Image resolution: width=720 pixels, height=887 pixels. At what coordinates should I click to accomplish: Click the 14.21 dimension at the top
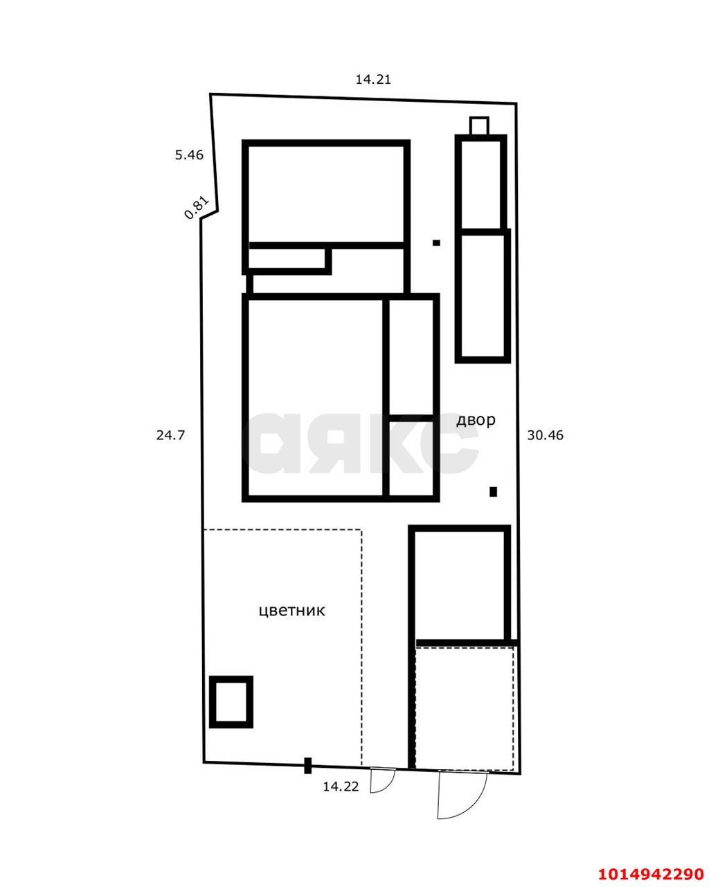click(373, 80)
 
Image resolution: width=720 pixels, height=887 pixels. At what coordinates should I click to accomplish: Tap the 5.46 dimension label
click(189, 155)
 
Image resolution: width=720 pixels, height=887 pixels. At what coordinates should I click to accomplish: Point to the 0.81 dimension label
click(196, 208)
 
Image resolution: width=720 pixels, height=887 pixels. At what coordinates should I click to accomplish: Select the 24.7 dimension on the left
click(170, 436)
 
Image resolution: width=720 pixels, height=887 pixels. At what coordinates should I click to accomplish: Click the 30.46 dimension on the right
click(546, 436)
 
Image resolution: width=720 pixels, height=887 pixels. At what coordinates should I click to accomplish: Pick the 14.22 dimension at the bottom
click(341, 787)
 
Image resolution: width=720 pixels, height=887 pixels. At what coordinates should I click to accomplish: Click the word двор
click(476, 420)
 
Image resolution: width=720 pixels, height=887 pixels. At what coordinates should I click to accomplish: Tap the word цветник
click(291, 611)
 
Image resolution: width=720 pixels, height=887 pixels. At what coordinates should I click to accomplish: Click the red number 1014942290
click(651, 873)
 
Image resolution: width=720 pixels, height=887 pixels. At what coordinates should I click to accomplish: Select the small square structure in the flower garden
click(231, 701)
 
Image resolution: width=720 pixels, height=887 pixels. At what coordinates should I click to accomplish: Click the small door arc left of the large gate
click(382, 780)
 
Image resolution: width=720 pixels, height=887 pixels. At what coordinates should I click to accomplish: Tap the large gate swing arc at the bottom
click(462, 796)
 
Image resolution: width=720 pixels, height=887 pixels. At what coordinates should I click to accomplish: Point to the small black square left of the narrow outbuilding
click(436, 243)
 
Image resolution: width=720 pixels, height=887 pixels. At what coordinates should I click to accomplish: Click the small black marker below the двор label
click(493, 492)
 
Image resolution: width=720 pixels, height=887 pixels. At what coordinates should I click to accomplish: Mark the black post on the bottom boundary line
click(308, 765)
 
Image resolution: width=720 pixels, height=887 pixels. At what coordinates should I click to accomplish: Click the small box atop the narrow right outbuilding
click(479, 126)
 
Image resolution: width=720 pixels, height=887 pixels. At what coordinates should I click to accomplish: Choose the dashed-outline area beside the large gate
click(465, 708)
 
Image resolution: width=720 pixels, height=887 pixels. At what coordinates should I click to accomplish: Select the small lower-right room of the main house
click(411, 457)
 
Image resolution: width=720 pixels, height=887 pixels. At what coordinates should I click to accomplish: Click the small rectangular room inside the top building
click(287, 258)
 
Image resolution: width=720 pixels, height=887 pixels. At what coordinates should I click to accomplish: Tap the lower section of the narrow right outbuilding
click(483, 296)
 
